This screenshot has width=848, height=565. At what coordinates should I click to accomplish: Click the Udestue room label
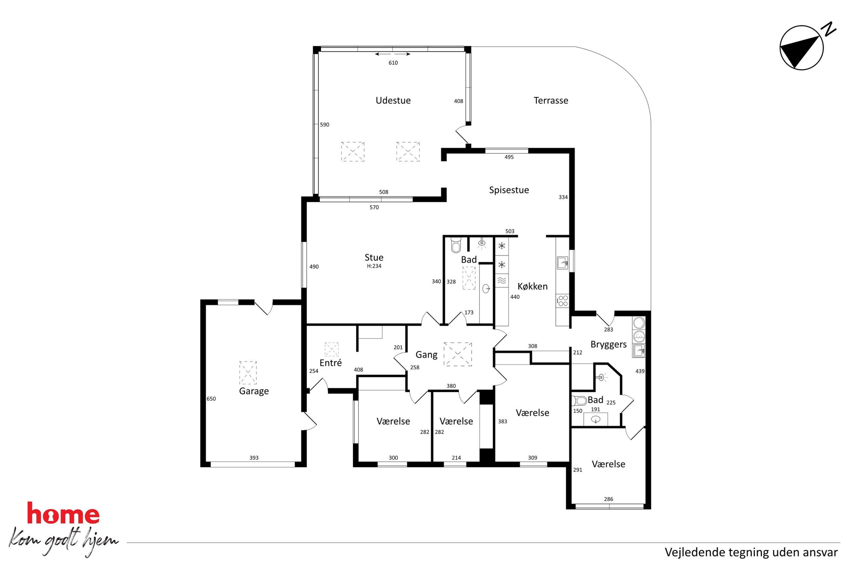point(393,100)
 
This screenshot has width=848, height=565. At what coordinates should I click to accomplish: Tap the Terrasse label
point(551,100)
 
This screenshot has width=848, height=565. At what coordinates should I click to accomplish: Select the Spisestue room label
point(509,190)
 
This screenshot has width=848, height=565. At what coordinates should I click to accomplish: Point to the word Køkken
point(532,286)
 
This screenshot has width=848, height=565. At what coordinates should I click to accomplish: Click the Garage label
point(253,391)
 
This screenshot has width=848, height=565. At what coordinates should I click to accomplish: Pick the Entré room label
point(330,363)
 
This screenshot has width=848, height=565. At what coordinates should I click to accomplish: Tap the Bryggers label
point(608,345)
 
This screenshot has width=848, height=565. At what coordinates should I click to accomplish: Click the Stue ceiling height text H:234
point(374,266)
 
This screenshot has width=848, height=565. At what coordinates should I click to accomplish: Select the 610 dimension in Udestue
point(393,63)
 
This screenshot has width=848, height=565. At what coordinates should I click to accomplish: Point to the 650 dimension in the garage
point(211,399)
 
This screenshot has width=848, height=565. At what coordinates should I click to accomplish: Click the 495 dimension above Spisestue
point(509,157)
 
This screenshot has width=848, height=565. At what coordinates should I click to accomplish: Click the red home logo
point(63,513)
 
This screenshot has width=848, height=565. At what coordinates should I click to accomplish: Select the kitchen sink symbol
point(562,263)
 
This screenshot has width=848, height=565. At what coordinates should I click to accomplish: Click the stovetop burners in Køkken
point(562,301)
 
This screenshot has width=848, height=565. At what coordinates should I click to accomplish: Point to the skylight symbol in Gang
point(457,354)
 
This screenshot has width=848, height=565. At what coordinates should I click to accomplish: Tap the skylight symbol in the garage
point(248,372)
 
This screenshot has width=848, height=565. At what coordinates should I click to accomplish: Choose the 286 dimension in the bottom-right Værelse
point(608,499)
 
